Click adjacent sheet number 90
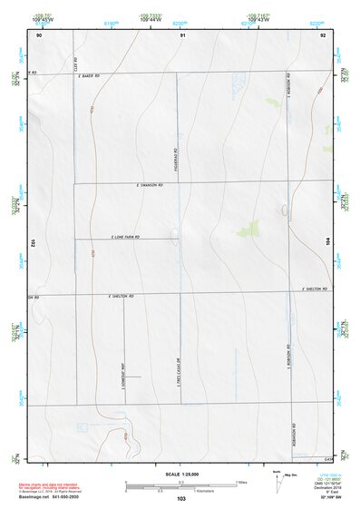click(x=39, y=34)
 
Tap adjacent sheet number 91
click(x=182, y=34)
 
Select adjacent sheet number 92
click(x=323, y=34)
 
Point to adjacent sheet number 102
click(x=33, y=243)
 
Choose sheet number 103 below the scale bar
click(x=181, y=499)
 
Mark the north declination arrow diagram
click(x=280, y=480)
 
